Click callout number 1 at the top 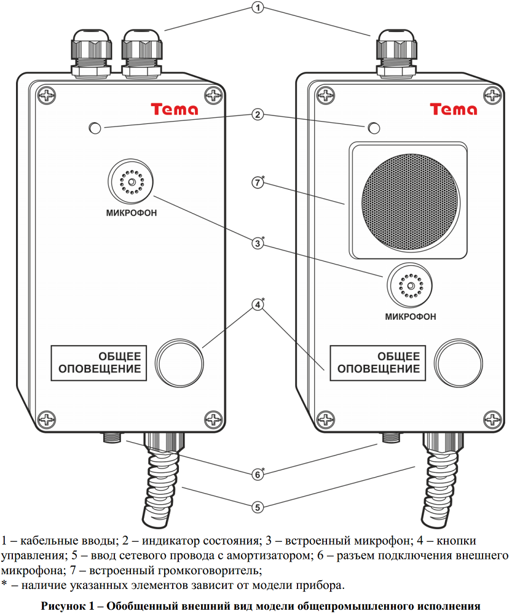coord(258,8)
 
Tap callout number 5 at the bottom coord(259,507)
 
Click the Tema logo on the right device coord(454,109)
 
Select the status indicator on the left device coord(95,128)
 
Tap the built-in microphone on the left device coord(131,182)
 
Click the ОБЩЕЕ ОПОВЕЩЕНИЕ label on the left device coord(100,363)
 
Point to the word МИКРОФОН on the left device coord(131,213)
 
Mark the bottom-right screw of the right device coord(492,420)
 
